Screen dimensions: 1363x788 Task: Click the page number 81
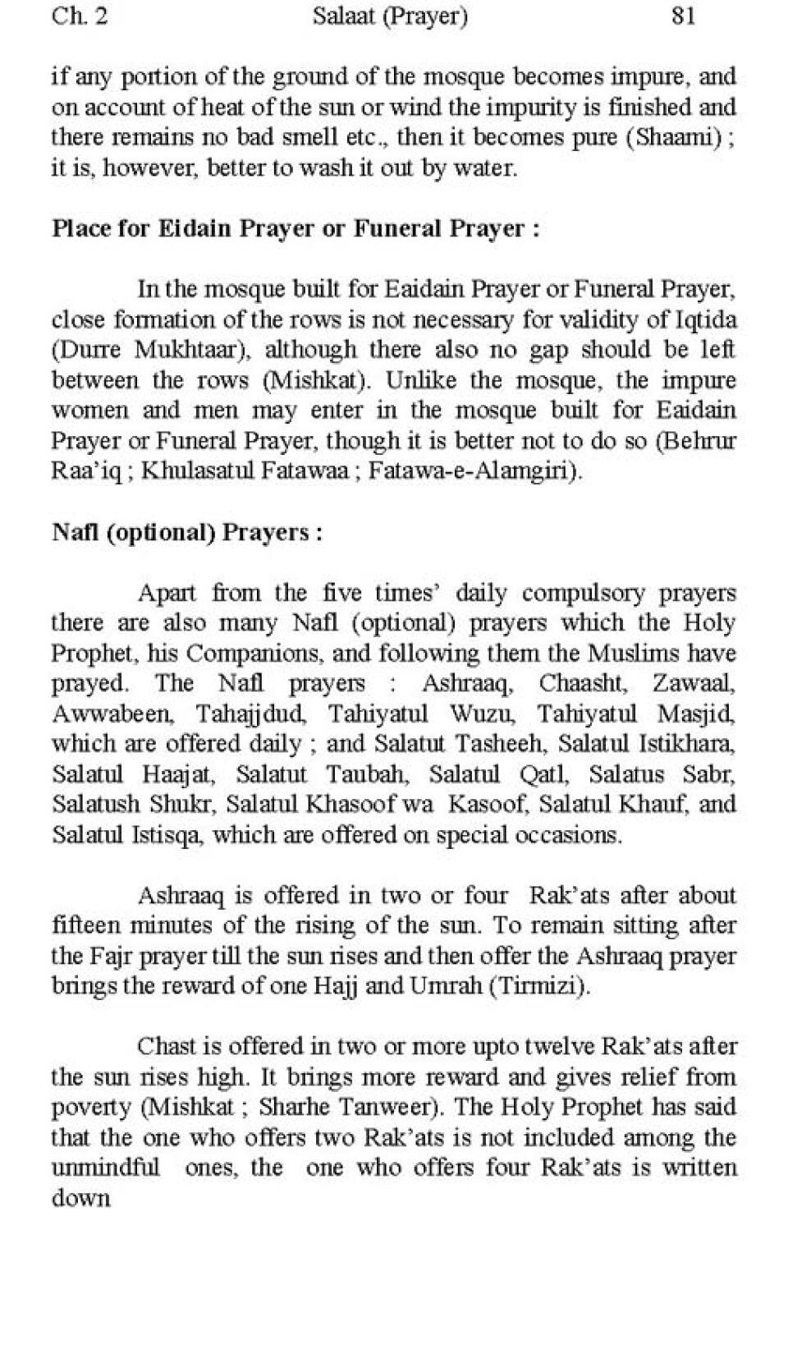point(683,16)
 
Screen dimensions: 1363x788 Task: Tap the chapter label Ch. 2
point(79,16)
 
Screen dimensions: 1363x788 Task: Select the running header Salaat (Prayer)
point(390,16)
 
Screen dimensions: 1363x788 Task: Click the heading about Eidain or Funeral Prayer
point(295,228)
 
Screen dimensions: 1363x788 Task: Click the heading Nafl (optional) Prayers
point(187,532)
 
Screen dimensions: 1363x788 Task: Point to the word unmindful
point(105,1168)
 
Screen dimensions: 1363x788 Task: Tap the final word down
point(80,1198)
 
